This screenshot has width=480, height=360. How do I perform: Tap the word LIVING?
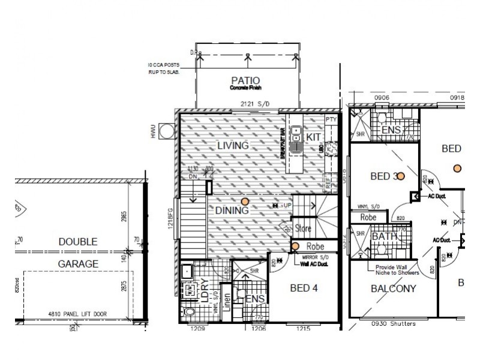[233, 146]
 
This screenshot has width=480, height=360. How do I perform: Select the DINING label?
[232, 211]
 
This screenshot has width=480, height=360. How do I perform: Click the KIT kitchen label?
[313, 137]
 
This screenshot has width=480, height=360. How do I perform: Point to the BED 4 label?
[304, 288]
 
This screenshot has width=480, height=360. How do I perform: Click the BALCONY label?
[394, 289]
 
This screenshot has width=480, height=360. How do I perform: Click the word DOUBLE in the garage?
[78, 242]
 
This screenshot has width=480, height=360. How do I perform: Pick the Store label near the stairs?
[302, 228]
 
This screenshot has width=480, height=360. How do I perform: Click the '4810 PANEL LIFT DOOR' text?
[79, 312]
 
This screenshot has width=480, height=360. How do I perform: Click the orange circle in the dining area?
[244, 202]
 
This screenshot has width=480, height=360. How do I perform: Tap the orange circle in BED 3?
[401, 176]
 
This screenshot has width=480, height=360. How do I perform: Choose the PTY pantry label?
[330, 120]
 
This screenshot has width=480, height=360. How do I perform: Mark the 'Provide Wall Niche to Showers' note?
[397, 270]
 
